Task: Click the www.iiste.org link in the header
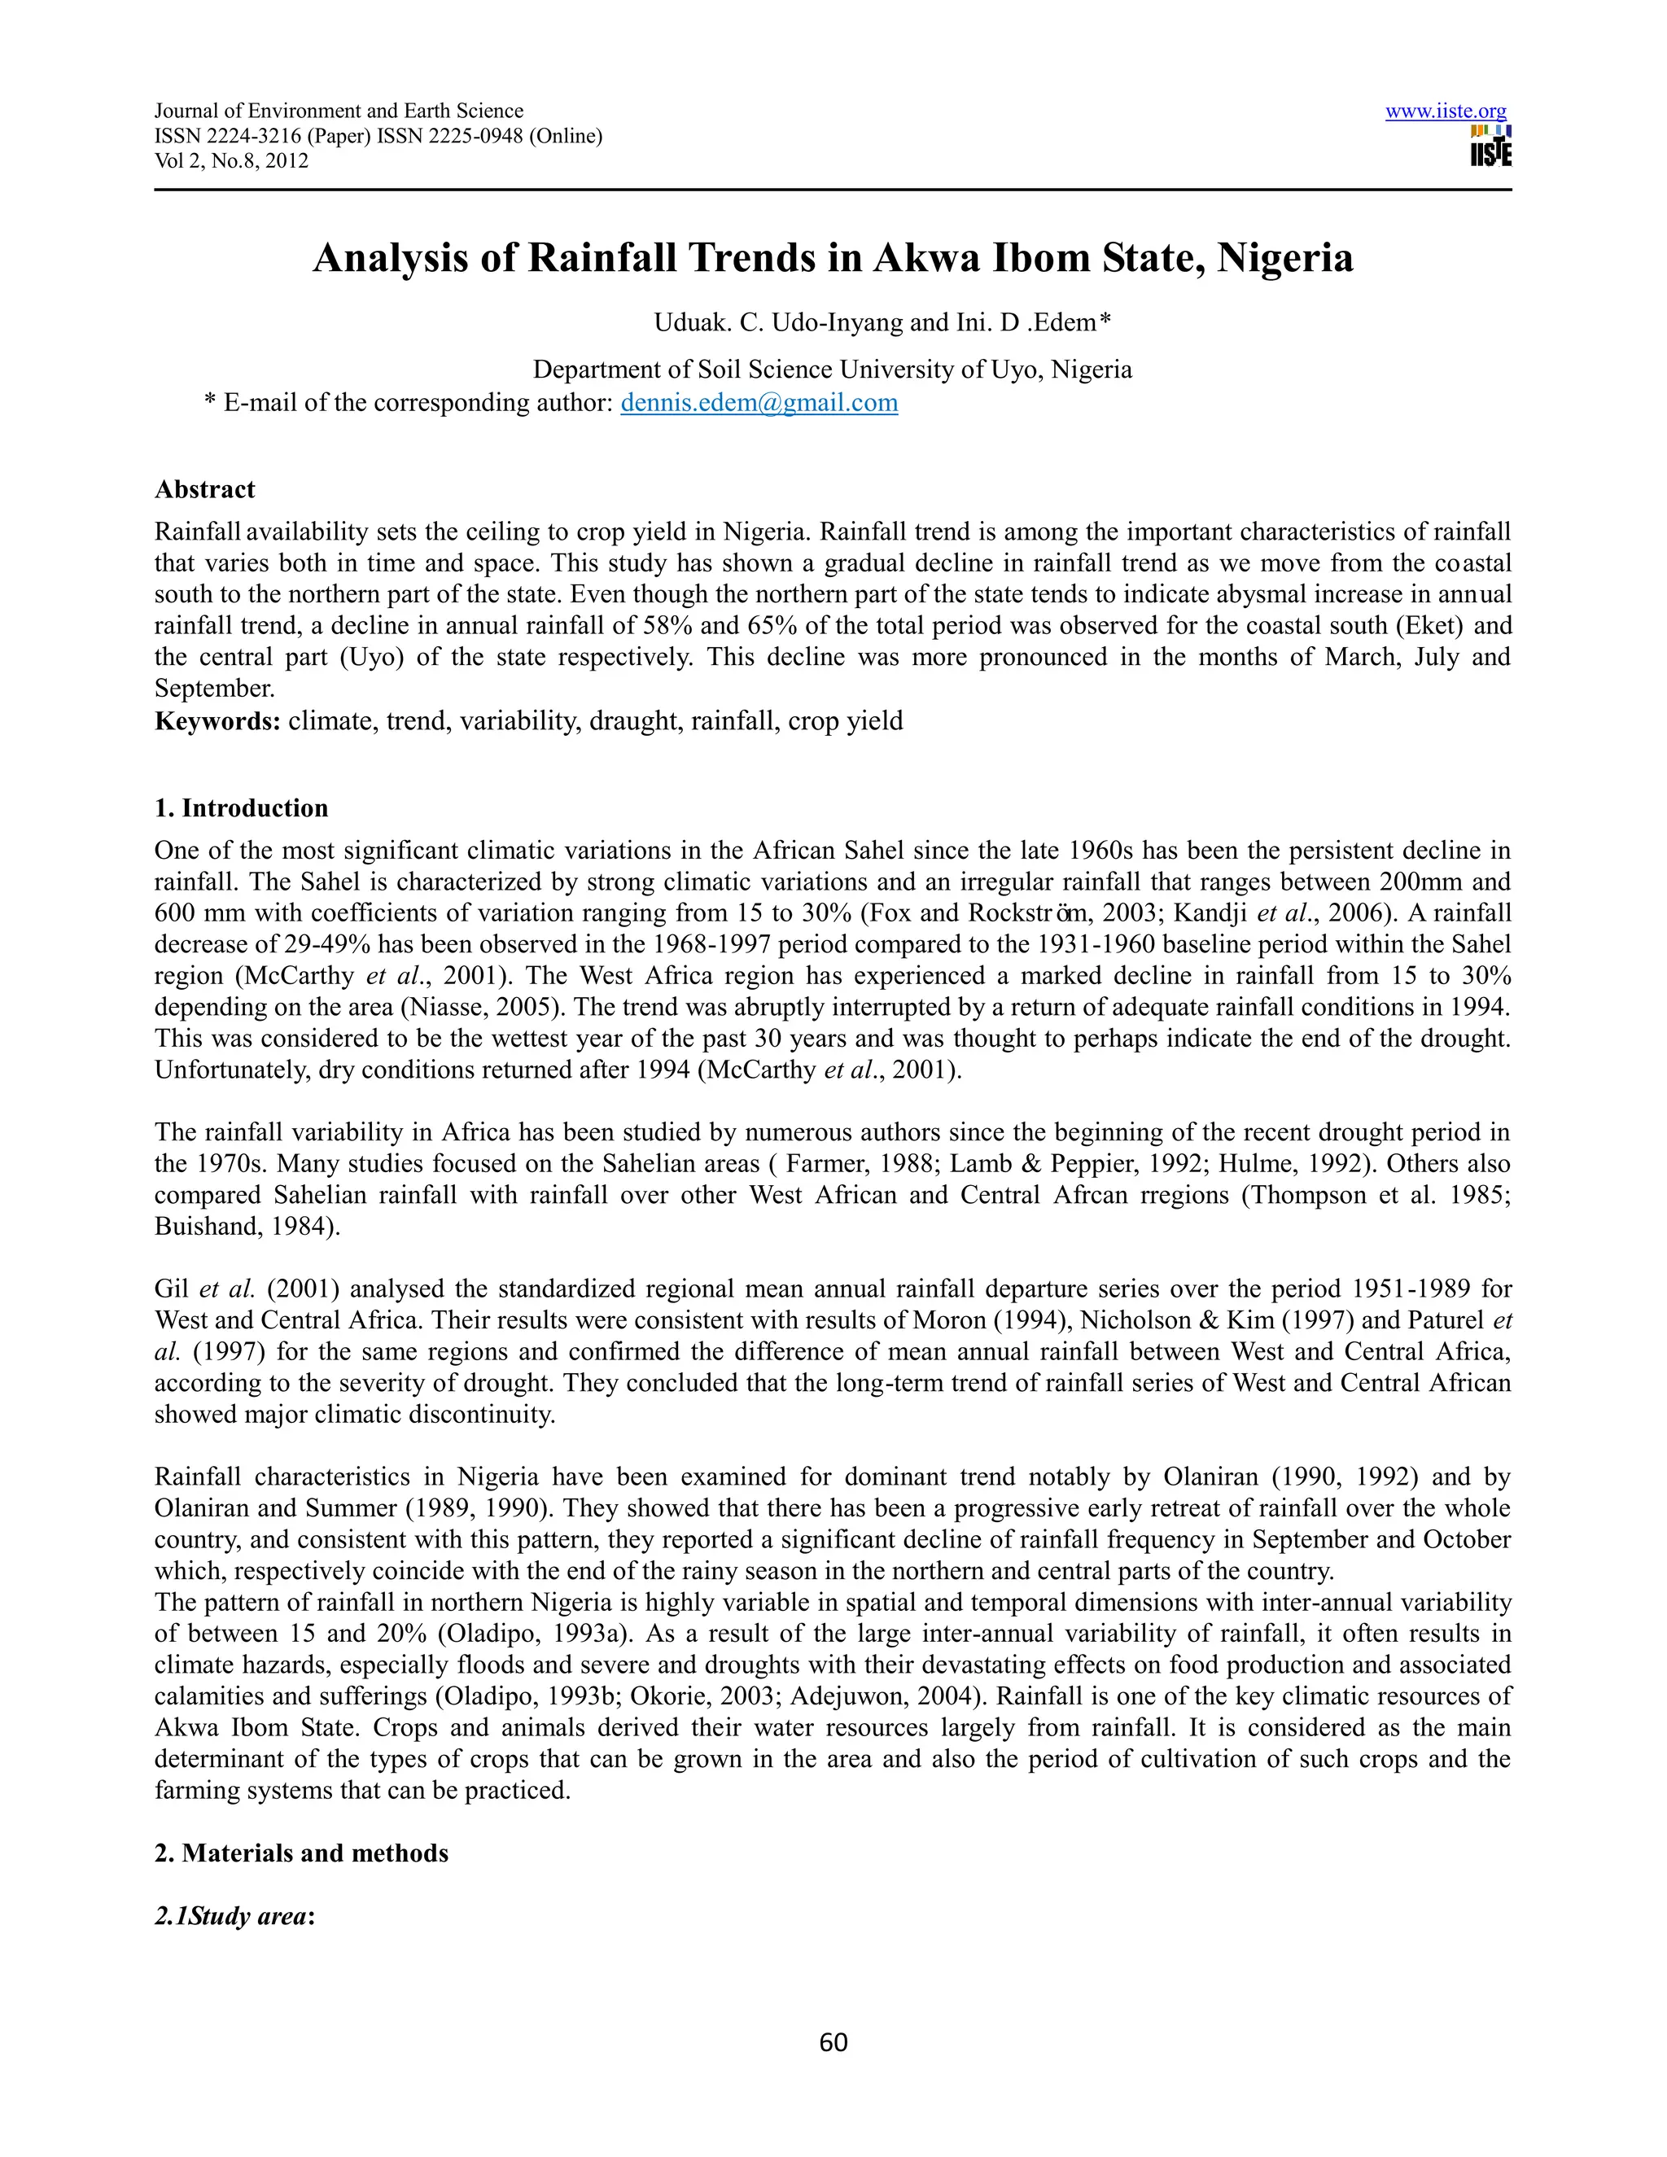pos(1445,112)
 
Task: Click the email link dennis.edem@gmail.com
pos(759,403)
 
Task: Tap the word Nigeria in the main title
pos(1284,259)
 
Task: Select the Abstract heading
pos(204,490)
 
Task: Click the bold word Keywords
pos(217,721)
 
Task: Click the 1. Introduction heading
pos(241,808)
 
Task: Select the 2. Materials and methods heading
pos(301,1853)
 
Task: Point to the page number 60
pos(833,2042)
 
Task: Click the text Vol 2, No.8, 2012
pos(231,161)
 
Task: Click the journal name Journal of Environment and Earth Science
pos(339,112)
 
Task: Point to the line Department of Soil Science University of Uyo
pos(832,370)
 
